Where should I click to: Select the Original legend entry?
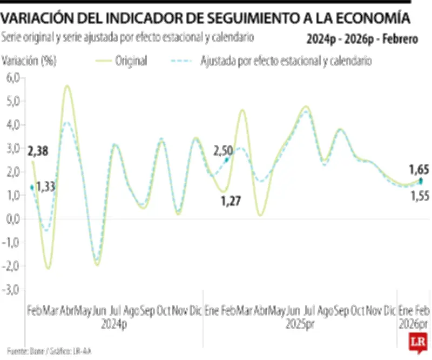click(x=131, y=61)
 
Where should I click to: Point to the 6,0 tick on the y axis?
click(x=12, y=78)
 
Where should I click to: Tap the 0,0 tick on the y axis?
click(x=12, y=219)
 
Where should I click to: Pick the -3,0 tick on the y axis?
click(x=11, y=289)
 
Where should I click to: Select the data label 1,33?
click(x=45, y=188)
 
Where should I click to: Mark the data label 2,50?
click(x=224, y=151)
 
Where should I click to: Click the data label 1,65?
click(x=418, y=170)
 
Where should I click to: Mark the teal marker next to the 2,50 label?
click(x=227, y=160)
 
